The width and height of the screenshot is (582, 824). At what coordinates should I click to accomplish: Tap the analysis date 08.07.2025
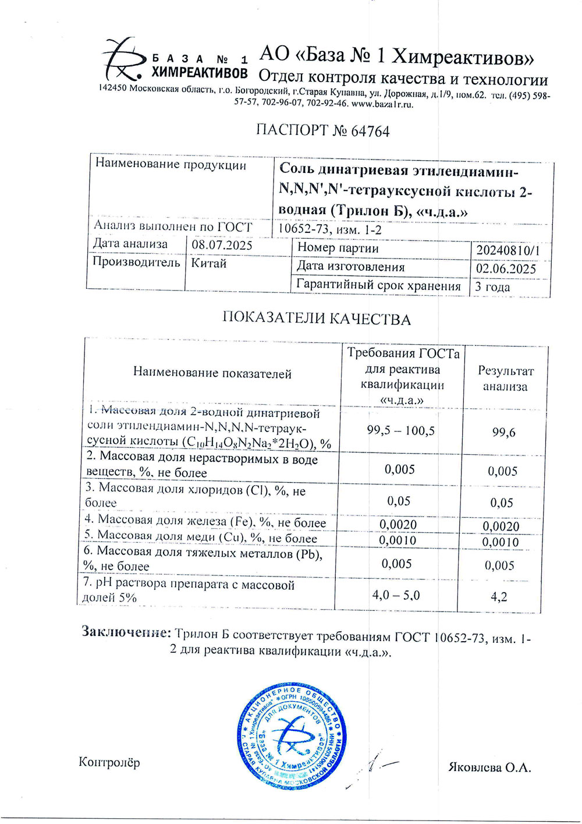click(222, 245)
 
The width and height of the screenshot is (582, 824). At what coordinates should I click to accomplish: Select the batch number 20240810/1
click(508, 250)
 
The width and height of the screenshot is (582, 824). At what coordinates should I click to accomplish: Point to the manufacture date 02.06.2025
click(506, 268)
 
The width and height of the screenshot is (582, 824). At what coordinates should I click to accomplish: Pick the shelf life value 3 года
click(492, 287)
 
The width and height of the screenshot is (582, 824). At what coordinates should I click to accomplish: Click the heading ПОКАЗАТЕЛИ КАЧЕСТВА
click(316, 319)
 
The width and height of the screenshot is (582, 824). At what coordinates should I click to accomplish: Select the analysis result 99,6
click(503, 433)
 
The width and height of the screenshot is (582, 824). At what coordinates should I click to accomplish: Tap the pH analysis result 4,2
click(499, 597)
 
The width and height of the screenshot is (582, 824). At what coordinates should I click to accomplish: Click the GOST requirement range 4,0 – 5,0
click(396, 595)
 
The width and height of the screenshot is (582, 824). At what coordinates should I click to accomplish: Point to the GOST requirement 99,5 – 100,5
click(400, 431)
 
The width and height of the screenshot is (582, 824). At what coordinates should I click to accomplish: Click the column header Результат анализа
click(505, 379)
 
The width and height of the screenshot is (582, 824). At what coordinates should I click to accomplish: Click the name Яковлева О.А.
click(490, 768)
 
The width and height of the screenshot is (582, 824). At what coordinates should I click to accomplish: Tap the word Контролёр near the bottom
click(109, 762)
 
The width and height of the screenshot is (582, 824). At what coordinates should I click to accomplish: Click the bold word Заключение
click(126, 632)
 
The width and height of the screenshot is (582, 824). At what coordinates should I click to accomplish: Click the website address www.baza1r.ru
click(382, 104)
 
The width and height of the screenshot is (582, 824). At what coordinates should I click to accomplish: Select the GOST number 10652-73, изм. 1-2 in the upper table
click(330, 229)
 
